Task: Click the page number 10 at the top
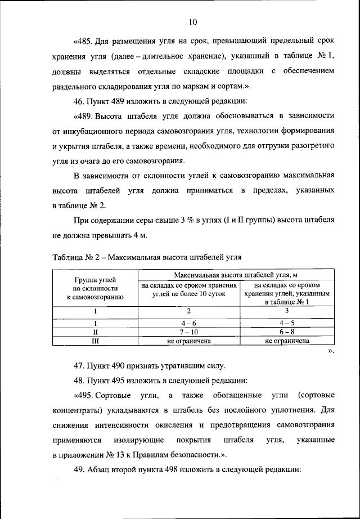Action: click(x=192, y=23)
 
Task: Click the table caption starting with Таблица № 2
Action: click(x=147, y=258)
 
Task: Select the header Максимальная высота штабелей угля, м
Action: click(x=235, y=275)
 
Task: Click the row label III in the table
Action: click(x=96, y=341)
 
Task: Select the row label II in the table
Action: click(x=96, y=332)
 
